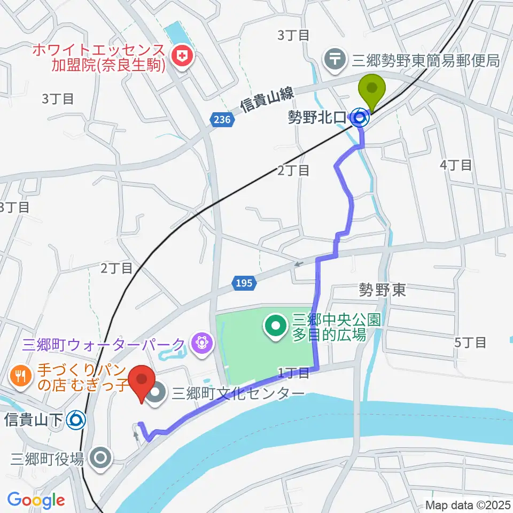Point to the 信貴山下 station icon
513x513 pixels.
76,420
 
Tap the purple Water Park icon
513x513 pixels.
201,343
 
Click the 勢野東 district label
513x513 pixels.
382,291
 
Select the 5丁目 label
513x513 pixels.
470,342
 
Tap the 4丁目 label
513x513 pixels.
456,165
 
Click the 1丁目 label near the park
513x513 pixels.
293,372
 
